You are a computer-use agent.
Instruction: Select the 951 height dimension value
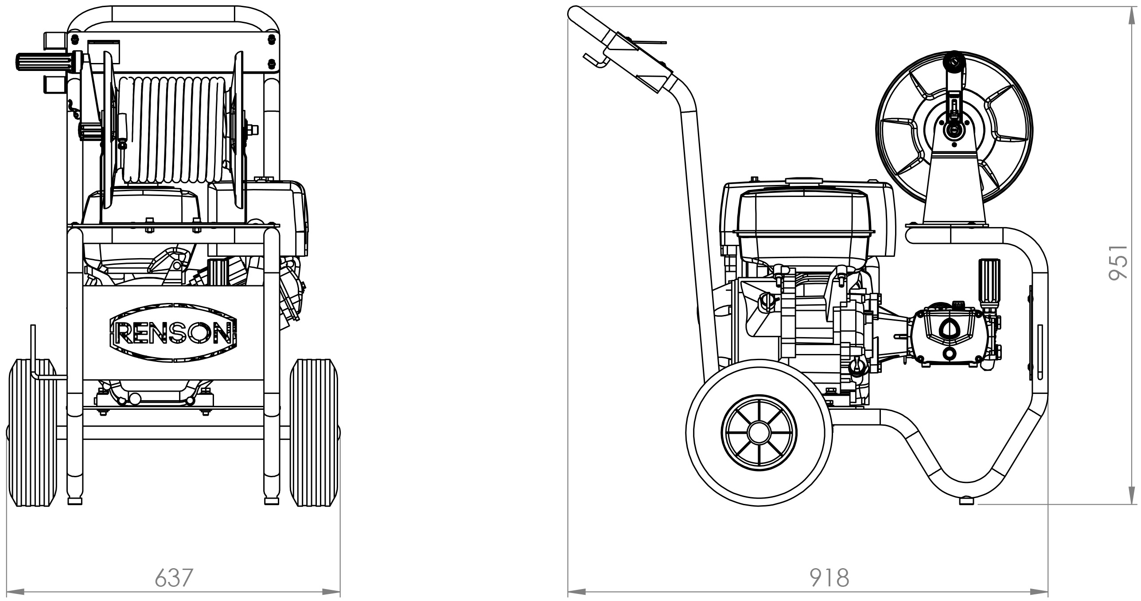point(1119,263)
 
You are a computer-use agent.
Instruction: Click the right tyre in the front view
point(313,432)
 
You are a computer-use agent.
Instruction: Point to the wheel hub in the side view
point(759,432)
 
